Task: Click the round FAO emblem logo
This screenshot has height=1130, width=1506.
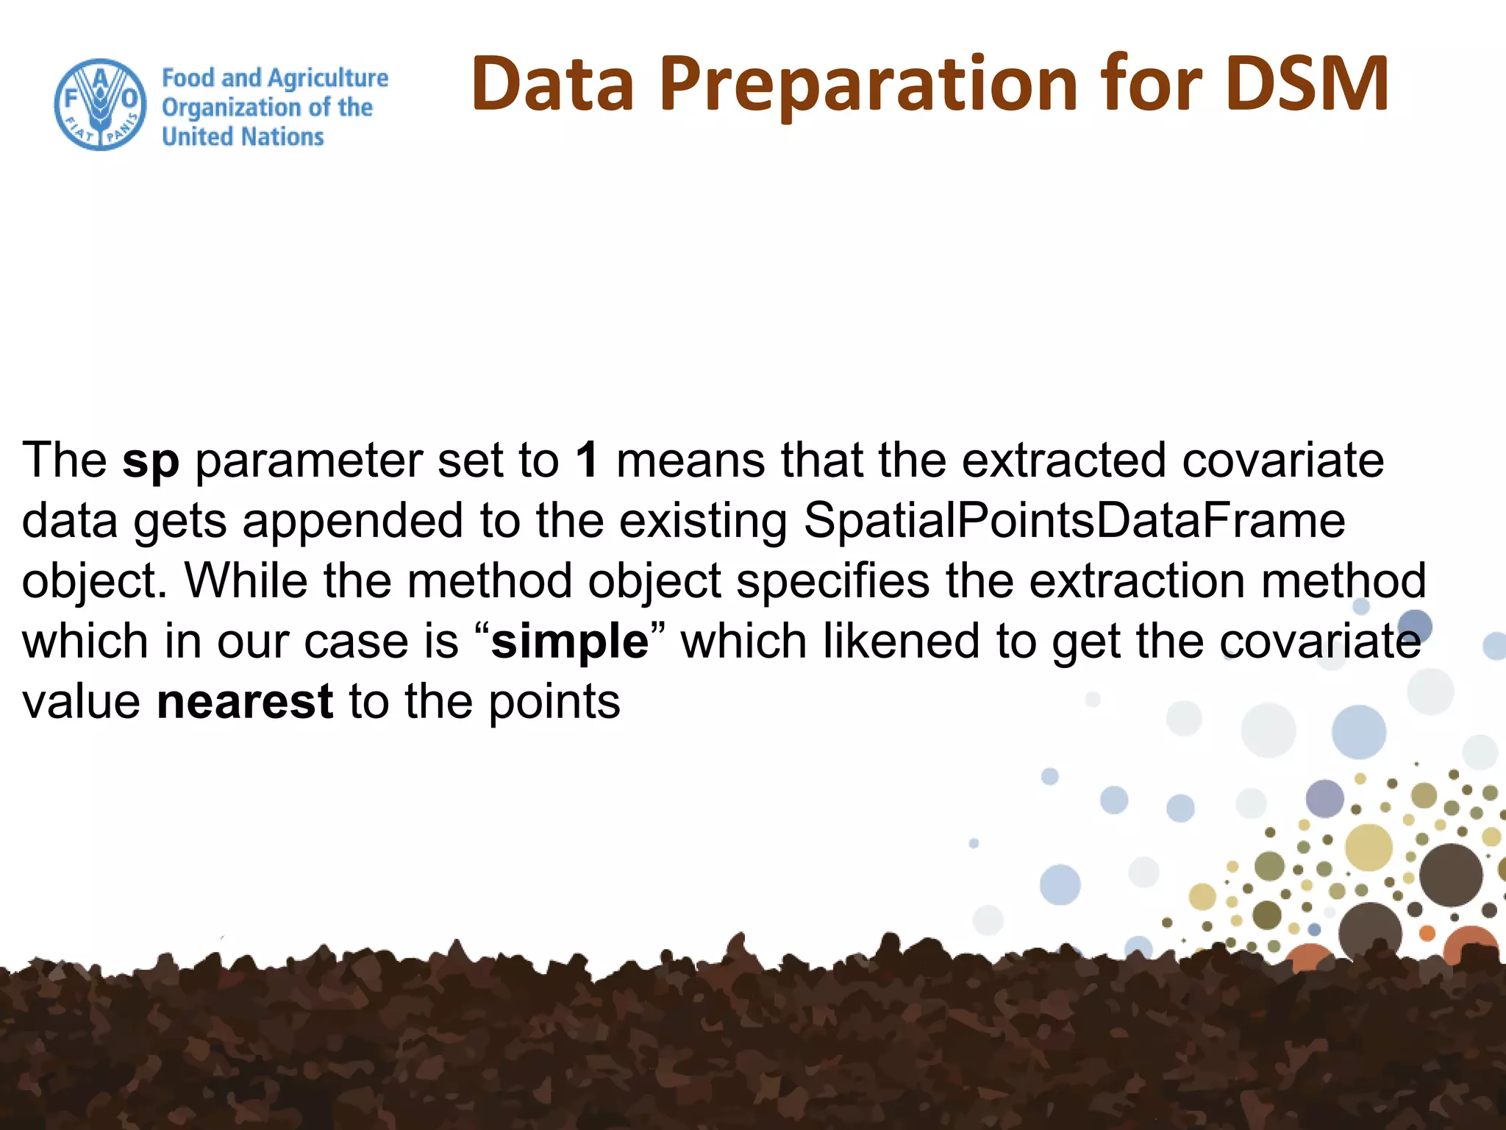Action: click(x=101, y=104)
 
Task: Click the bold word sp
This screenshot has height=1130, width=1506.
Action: click(x=151, y=462)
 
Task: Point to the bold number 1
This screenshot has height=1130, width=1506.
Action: click(x=587, y=461)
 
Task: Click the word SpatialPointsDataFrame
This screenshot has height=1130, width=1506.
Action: click(x=1074, y=521)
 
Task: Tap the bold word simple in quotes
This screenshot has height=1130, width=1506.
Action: click(x=570, y=642)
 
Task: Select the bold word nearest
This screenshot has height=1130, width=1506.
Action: click(x=245, y=702)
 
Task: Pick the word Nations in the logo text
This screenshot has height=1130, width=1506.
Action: click(x=283, y=137)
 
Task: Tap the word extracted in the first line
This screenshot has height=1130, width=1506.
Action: click(x=1063, y=461)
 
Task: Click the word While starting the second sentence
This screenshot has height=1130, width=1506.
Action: click(x=246, y=581)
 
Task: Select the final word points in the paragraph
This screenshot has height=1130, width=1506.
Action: click(x=554, y=703)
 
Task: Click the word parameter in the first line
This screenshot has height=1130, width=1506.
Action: click(x=309, y=462)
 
